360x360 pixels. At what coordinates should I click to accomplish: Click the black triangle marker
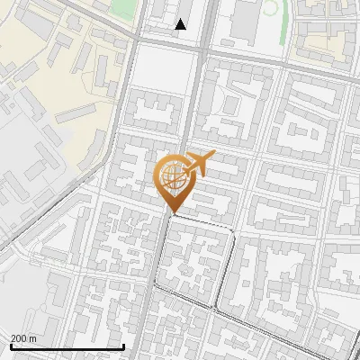[181, 24]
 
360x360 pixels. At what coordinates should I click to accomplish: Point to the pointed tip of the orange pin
[172, 213]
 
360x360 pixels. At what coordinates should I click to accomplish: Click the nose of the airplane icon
[212, 156]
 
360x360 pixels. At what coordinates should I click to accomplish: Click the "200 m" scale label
[24, 337]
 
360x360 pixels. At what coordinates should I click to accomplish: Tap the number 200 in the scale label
[20, 337]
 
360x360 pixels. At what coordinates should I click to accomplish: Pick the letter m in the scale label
[34, 338]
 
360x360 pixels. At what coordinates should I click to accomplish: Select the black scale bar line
[67, 346]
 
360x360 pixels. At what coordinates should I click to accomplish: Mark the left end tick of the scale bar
[11, 345]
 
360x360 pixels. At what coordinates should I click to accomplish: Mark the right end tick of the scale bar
[122, 345]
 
